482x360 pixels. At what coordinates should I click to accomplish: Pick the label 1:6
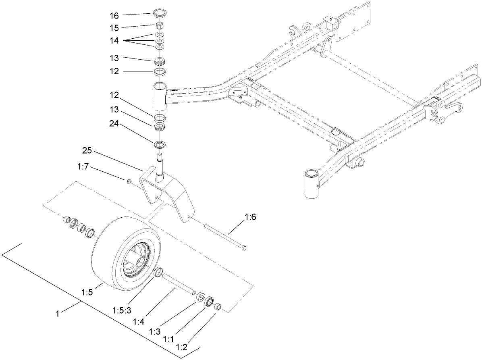point(250,217)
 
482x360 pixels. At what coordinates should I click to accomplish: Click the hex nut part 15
point(160,26)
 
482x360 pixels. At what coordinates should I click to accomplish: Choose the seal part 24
point(160,144)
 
